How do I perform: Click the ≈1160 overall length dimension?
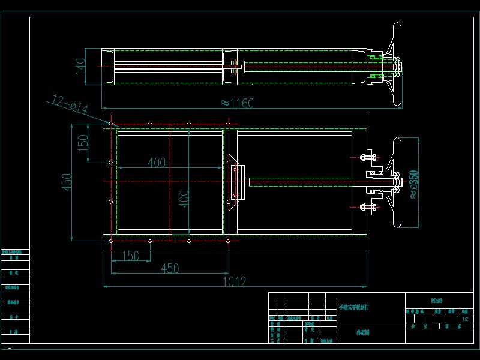[237, 103]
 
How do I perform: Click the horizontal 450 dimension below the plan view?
[169, 269]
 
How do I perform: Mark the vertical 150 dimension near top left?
[83, 142]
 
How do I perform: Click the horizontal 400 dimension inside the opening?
[156, 163]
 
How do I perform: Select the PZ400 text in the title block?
[437, 301]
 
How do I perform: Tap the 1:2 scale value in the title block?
[465, 319]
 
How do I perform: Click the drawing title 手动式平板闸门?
[354, 307]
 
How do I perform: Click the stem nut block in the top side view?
[234, 67]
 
